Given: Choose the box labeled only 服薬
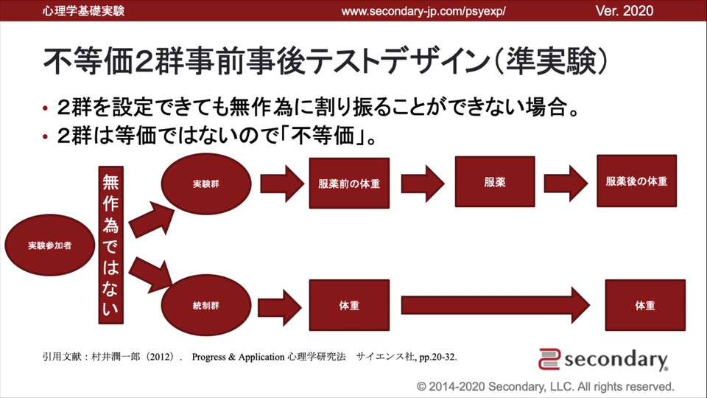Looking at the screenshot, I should point(495,181).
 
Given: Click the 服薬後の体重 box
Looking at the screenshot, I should point(636,181).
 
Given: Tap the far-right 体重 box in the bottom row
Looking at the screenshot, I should point(644,304).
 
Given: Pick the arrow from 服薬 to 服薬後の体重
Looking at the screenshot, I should point(564,181).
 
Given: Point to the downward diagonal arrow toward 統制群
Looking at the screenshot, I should point(150,272).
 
